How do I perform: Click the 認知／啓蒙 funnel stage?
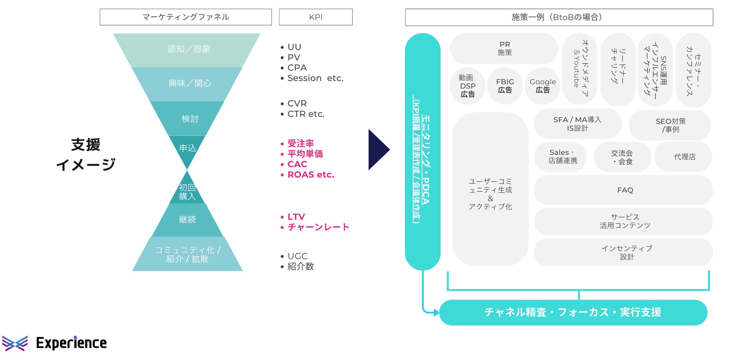click(187, 50)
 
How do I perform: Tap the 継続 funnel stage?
click(187, 219)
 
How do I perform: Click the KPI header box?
click(315, 17)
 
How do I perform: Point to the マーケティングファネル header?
click(186, 17)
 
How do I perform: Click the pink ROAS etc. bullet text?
click(310, 175)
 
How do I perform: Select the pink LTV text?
click(296, 217)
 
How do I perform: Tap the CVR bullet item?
click(297, 104)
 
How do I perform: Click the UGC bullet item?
click(297, 256)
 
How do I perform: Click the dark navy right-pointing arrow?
click(378, 149)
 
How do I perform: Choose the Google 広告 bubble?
click(542, 86)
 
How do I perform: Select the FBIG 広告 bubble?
click(505, 86)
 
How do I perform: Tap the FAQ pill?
click(625, 190)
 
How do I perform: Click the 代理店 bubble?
click(684, 157)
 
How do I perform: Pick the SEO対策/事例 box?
click(670, 125)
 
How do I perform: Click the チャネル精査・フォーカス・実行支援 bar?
click(573, 312)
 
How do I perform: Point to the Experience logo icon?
click(15, 343)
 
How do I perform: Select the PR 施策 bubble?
click(504, 49)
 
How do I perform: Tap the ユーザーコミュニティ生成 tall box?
click(490, 189)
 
